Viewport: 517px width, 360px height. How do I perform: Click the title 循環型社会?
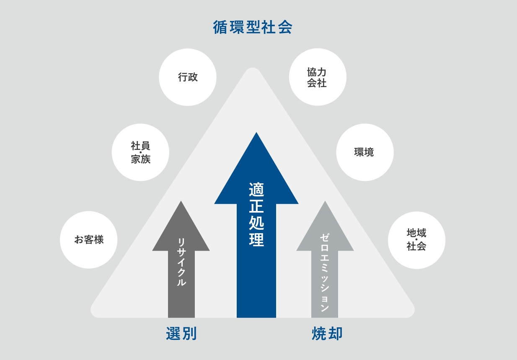pos(253,27)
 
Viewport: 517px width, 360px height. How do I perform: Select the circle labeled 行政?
pos(188,77)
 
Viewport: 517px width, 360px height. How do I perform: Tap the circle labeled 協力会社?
pos(318,77)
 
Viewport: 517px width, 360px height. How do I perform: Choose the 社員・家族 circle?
pos(140,152)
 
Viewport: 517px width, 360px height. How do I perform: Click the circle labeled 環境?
pos(364,152)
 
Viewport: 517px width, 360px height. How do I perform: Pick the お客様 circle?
pos(89,240)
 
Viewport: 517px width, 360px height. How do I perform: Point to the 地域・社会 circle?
pos(416,240)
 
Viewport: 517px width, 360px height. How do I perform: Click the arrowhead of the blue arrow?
pos(256,176)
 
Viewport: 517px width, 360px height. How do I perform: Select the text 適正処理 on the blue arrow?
pos(256,214)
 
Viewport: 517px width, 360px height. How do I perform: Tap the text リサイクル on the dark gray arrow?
pos(181,262)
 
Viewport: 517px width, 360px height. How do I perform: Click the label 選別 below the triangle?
pos(181,334)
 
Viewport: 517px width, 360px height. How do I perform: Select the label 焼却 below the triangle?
pos(327,334)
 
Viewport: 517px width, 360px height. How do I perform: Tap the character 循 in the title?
pos(220,27)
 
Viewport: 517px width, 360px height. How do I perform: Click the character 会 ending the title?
pos(285,27)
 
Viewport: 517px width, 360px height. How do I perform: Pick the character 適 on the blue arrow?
pos(256,190)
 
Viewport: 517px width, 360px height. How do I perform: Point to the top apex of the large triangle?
pos(253,70)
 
